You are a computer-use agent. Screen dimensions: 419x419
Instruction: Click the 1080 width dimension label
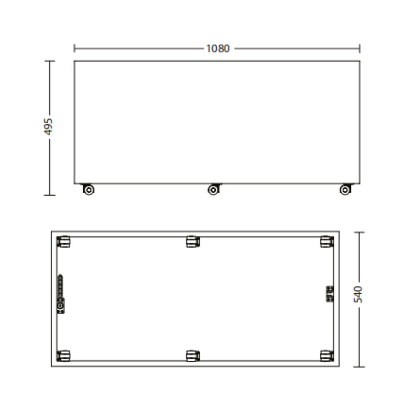point(218,49)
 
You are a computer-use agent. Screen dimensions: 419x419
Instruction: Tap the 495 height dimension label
point(48,127)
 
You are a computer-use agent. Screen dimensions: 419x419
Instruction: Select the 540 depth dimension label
point(358,295)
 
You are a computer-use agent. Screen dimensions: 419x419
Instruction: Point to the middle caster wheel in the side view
point(214,189)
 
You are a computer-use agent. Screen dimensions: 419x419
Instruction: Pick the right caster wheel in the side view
point(345,189)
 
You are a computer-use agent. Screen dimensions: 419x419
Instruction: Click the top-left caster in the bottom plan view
point(63,242)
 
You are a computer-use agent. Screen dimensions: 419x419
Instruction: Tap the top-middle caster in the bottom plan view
point(193,242)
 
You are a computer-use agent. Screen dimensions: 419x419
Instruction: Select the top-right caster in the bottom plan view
point(327,242)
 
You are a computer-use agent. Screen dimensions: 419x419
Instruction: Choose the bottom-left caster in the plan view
point(63,356)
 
